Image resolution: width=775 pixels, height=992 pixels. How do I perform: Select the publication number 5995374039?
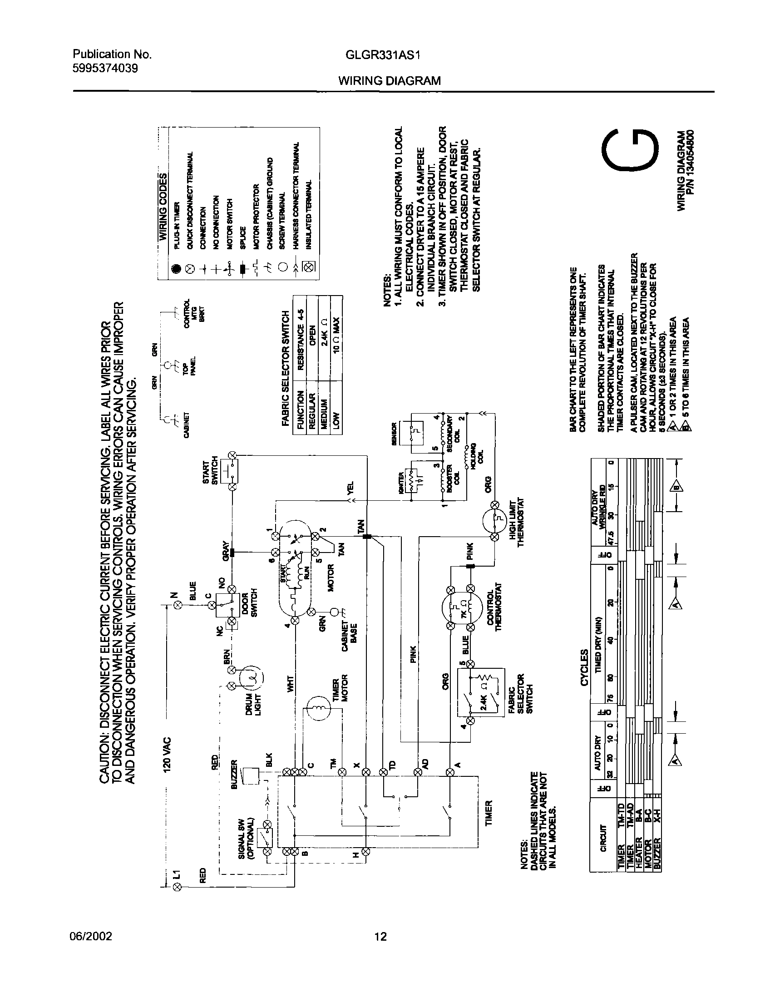(x=105, y=68)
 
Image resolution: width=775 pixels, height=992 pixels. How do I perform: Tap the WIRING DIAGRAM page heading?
(x=390, y=81)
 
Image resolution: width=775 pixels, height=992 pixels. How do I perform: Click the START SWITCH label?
(x=210, y=472)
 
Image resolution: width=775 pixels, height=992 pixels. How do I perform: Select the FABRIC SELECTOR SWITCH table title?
(x=286, y=368)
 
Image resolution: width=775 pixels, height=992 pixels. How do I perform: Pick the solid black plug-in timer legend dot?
(x=176, y=269)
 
